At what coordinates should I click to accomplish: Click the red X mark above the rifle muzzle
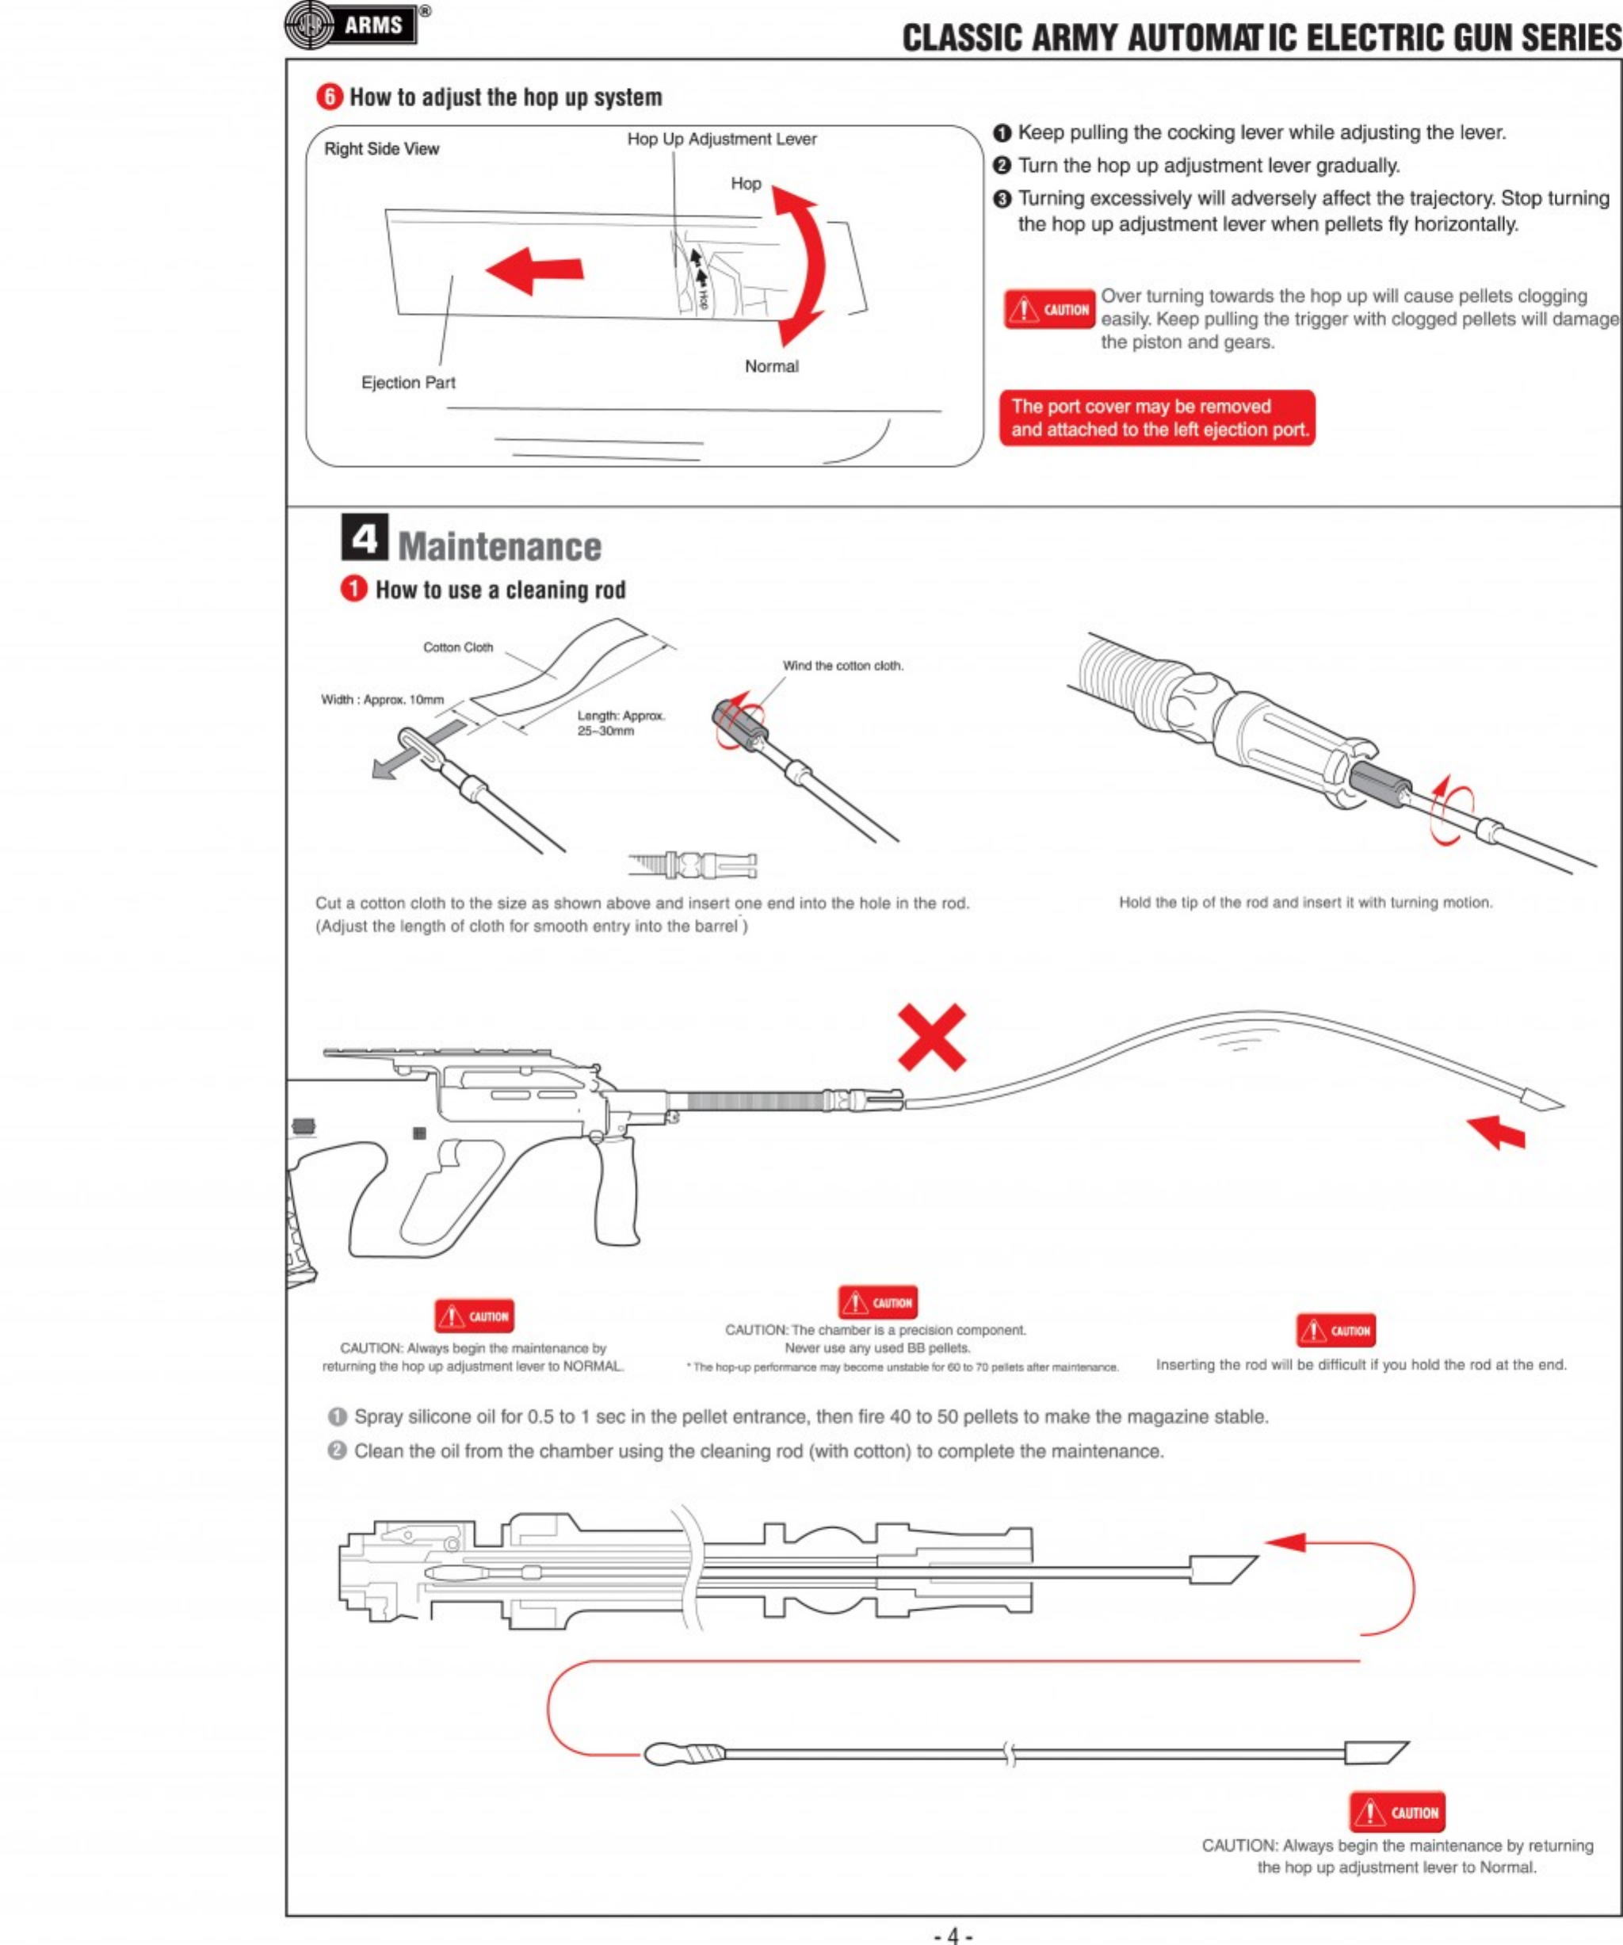931,1037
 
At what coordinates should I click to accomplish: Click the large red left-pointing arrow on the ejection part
534,269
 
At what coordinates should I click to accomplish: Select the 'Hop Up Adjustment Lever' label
721,139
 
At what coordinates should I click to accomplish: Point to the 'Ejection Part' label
407,383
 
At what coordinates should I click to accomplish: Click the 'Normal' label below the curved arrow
771,366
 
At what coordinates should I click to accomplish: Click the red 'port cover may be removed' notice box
1156,418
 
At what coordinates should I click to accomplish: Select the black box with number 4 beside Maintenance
364,537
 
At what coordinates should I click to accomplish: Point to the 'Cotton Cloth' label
457,648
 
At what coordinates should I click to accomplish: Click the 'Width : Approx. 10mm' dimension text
383,699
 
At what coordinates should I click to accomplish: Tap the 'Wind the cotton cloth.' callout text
842,665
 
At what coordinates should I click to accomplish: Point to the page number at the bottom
953,1935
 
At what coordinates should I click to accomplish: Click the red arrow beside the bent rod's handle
1496,1131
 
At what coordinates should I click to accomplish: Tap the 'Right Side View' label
381,149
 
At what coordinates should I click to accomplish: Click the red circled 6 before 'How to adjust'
329,97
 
